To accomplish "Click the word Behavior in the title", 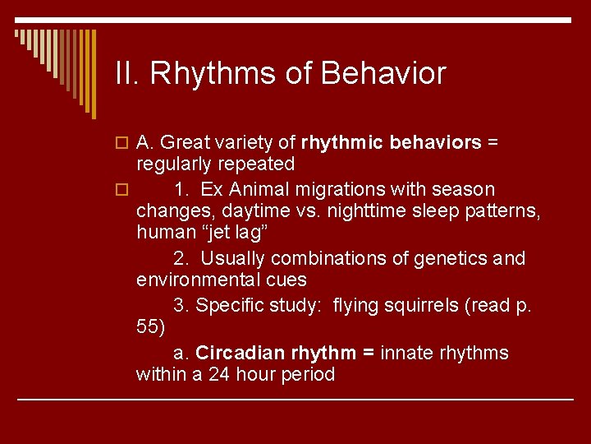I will pos(383,74).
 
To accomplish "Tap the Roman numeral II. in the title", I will pos(129,74).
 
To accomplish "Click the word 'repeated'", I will pos(254,164).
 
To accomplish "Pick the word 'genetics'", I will pos(449,258).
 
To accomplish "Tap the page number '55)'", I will pos(151,326).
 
